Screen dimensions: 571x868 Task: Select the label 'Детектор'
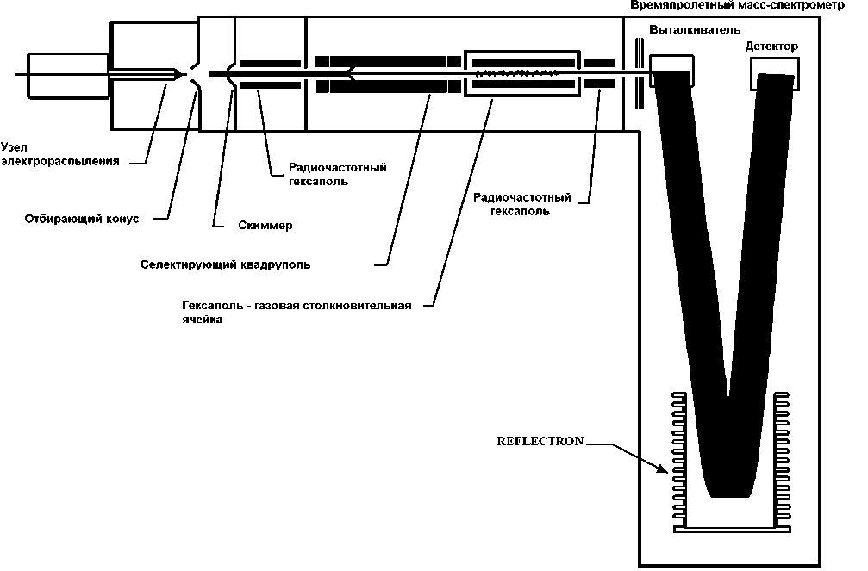(x=772, y=45)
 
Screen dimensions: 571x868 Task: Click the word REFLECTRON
(x=540, y=441)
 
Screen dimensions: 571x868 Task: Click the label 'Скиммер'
(x=265, y=226)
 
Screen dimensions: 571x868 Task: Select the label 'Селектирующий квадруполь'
(x=225, y=264)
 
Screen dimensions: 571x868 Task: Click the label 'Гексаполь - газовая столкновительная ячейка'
(x=297, y=311)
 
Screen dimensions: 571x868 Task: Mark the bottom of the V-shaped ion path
(x=729, y=491)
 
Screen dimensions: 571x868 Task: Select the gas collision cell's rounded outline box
(x=522, y=73)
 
